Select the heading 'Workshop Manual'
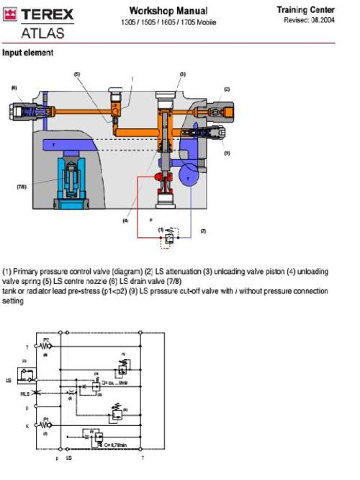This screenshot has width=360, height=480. [x=168, y=11]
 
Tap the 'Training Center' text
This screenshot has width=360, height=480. [x=306, y=10]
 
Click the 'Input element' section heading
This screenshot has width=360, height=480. [x=27, y=53]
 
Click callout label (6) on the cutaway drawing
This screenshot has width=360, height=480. [x=14, y=87]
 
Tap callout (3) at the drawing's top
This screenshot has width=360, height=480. [x=182, y=74]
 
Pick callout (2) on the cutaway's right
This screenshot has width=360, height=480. [x=227, y=89]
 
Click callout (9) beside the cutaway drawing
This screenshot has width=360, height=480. [x=227, y=153]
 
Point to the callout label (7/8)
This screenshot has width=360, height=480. [x=22, y=186]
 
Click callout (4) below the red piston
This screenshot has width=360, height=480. [x=125, y=221]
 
